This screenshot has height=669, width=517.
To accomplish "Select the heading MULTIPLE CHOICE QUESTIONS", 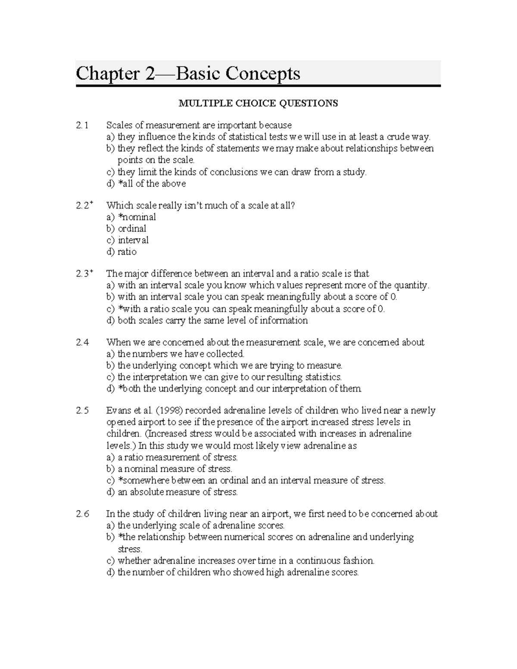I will [258, 103].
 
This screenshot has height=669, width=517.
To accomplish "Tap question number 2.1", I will [82, 125].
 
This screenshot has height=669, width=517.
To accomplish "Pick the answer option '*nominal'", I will [137, 217].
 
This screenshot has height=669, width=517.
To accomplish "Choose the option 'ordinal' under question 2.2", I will [131, 229].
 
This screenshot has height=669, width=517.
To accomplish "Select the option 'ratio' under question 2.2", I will [127, 252].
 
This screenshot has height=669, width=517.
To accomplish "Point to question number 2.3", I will [83, 274].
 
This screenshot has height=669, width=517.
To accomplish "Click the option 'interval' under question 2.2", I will [133, 240].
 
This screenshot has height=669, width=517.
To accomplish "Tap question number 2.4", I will [82, 342].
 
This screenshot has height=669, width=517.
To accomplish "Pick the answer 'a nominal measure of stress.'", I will [174, 469].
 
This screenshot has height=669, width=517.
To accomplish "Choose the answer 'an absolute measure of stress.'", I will [177, 492].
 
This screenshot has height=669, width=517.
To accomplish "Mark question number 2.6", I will [82, 514].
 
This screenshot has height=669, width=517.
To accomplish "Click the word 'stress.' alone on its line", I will [130, 549].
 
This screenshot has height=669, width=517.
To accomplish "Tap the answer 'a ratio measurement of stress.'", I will [177, 457].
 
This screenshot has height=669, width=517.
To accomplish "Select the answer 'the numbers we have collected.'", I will [181, 354].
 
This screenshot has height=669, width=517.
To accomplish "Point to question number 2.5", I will [82, 411].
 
